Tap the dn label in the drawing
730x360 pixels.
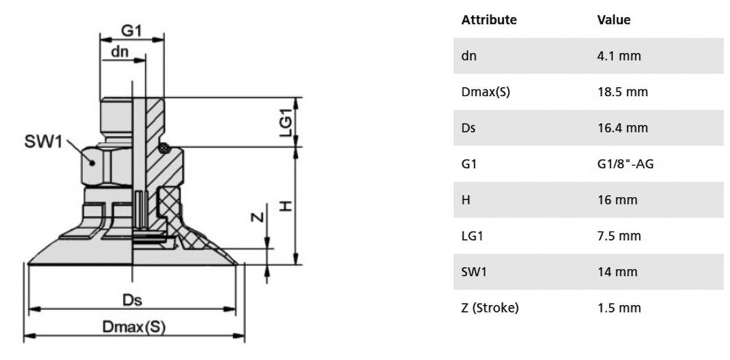(x=119, y=52)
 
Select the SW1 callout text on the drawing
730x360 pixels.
(x=43, y=142)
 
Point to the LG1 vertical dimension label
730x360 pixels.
(x=286, y=122)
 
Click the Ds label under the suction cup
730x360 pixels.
(x=133, y=300)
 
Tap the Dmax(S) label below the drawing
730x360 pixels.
(x=134, y=328)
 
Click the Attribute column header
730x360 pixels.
(x=489, y=20)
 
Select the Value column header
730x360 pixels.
(x=614, y=20)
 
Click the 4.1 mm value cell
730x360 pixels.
(x=619, y=56)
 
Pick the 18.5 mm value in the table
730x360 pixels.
(x=622, y=92)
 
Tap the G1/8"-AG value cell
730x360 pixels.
(x=625, y=164)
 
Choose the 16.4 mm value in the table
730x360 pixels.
(x=622, y=128)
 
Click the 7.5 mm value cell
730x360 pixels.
(x=619, y=236)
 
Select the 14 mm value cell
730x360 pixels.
(x=616, y=271)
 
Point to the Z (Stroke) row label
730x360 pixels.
(x=490, y=308)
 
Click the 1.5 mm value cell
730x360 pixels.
(x=619, y=307)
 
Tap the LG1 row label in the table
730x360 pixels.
(x=472, y=236)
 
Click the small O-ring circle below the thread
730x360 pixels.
(x=164, y=148)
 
